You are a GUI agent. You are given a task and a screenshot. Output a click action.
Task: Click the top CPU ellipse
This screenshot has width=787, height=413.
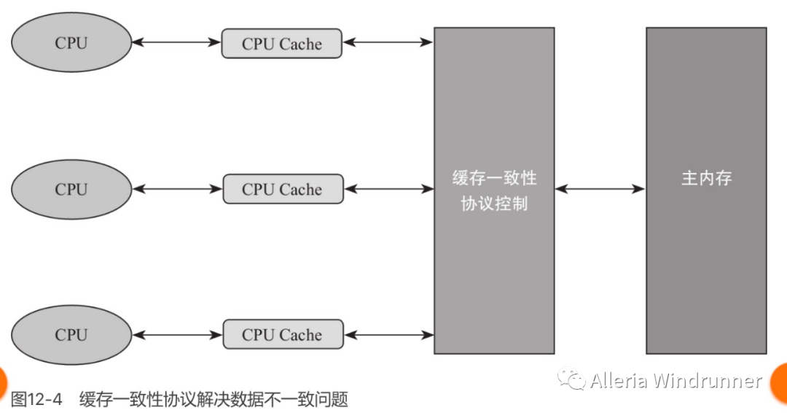[71, 43]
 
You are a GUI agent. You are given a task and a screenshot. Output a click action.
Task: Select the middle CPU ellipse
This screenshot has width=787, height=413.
[71, 189]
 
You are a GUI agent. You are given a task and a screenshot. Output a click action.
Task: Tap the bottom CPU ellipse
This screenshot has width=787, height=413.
[71, 335]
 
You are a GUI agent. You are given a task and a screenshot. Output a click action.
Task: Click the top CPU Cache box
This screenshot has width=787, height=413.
[282, 44]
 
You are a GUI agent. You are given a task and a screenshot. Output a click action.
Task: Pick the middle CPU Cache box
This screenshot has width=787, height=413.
[282, 189]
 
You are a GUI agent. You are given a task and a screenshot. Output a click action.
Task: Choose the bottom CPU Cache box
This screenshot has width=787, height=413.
[282, 335]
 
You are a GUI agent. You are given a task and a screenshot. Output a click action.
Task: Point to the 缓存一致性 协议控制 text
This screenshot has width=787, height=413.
[494, 191]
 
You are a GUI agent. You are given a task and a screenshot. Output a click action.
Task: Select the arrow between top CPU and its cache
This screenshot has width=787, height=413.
[177, 43]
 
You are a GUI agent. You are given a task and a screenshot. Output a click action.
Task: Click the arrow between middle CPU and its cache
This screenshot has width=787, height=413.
[177, 189]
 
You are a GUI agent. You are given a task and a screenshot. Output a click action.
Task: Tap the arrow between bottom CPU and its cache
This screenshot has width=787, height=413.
[177, 335]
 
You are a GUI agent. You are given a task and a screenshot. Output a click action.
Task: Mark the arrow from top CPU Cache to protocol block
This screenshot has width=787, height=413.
[388, 43]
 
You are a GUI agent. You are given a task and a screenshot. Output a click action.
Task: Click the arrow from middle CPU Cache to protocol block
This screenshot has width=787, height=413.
[388, 189]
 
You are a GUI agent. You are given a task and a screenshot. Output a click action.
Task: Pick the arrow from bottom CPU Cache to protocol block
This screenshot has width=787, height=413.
[388, 335]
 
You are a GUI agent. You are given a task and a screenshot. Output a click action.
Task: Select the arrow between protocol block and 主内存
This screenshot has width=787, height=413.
[600, 189]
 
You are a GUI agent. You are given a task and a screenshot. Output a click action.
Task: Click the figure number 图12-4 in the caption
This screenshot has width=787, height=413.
[37, 399]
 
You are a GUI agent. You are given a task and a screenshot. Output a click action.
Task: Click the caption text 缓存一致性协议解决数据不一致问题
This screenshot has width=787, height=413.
[214, 399]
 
